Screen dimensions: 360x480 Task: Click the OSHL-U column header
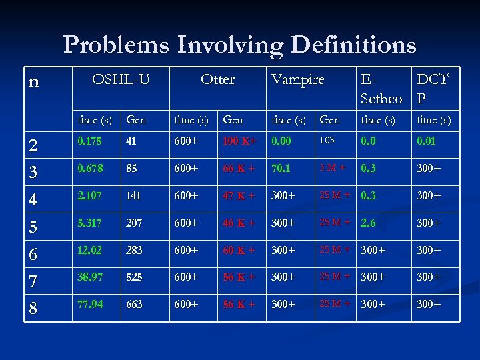(121, 79)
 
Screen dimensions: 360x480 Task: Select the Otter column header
(217, 79)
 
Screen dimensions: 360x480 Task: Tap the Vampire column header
(297, 79)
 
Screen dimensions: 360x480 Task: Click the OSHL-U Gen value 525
(135, 277)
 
